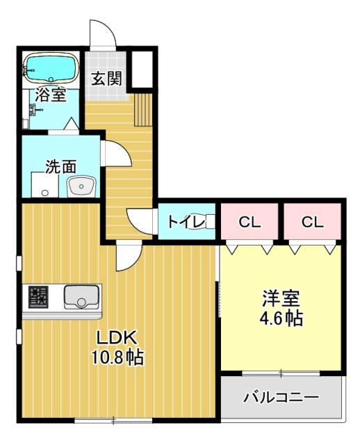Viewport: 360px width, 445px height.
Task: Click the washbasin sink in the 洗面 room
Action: click(81, 186)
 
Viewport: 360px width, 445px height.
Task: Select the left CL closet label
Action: click(249, 222)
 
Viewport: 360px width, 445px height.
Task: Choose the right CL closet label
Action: click(312, 222)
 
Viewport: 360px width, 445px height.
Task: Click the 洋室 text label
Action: click(281, 300)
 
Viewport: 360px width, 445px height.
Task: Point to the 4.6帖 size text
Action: click(281, 319)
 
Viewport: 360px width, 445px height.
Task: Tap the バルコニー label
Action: click(281, 398)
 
